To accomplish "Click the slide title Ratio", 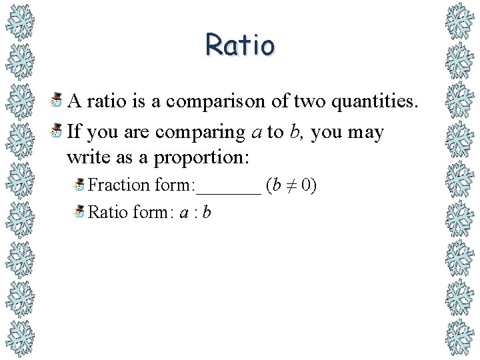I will tap(240, 45).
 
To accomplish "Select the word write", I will tap(84, 159).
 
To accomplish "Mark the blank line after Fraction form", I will tap(228, 191).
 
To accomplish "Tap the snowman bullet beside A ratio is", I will tap(58, 101).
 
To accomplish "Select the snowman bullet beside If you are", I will tap(58, 131).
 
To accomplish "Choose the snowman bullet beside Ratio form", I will tap(79, 212).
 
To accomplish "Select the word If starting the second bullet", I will tap(74, 132).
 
